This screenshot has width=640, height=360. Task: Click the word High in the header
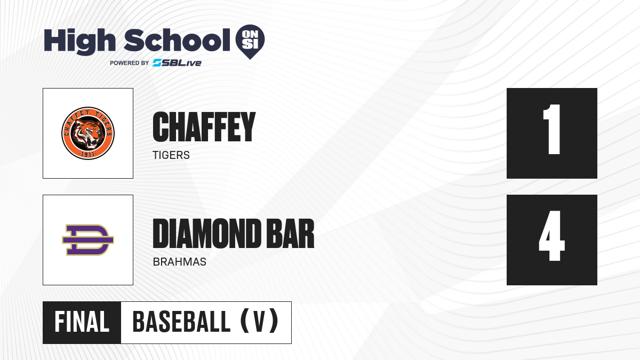79,42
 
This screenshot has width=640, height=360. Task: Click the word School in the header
177,40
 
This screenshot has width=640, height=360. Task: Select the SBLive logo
177,63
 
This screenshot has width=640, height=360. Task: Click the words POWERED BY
130,63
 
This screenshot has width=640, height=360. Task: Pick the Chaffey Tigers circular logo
88,133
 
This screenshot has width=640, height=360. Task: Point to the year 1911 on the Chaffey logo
88,155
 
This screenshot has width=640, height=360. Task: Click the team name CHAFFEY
204,126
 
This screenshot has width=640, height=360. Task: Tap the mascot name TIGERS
171,155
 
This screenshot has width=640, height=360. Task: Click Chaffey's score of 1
551,129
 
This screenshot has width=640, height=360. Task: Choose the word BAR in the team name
290,234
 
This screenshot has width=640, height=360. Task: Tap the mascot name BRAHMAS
179,262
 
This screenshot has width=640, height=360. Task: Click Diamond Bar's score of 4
551,236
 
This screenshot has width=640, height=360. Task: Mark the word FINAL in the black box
82,322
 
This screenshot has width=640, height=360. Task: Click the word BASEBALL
181,322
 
